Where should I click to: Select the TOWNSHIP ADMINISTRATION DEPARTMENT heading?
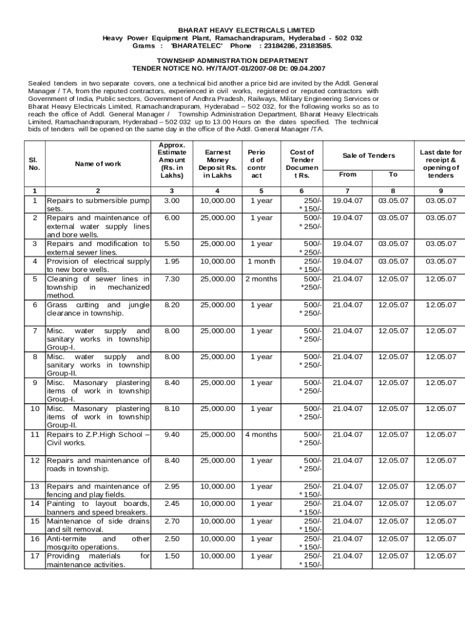pyautogui.click(x=232, y=60)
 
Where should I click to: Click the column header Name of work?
pyautogui.click(x=98, y=164)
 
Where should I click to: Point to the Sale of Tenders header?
pyautogui.click(x=368, y=155)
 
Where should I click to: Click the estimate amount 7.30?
pyautogui.click(x=172, y=279)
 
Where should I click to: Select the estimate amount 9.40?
pyautogui.click(x=172, y=434)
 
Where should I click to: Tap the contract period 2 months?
pyautogui.click(x=261, y=279)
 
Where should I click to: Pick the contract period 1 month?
pyautogui.click(x=261, y=261)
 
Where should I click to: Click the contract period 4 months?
pyautogui.click(x=261, y=434)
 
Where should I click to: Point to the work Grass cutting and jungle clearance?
pyautogui.click(x=98, y=309)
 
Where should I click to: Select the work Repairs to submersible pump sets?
pyautogui.click(x=98, y=204)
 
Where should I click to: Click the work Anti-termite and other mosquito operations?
pyautogui.click(x=98, y=542)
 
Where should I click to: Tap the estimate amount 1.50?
pyautogui.click(x=172, y=556)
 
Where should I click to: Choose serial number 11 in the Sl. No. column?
pyautogui.click(x=34, y=434)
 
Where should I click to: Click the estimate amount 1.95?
pyautogui.click(x=172, y=261)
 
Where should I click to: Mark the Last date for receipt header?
pyautogui.click(x=440, y=164)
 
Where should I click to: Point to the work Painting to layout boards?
pyautogui.click(x=98, y=508)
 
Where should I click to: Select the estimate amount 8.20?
pyautogui.click(x=172, y=305)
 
